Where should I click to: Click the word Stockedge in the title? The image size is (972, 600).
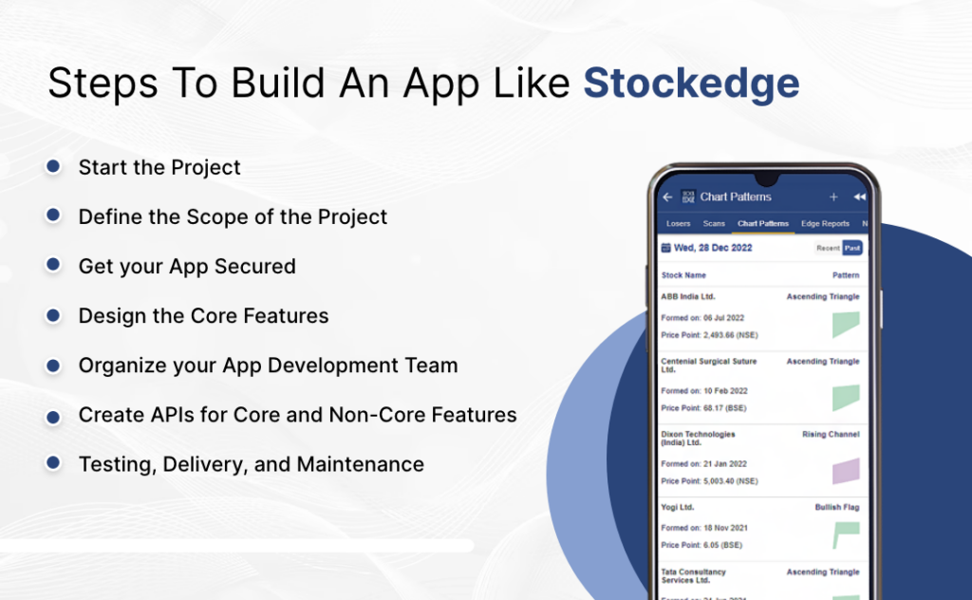(x=691, y=84)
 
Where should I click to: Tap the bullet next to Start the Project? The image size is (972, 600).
(x=54, y=167)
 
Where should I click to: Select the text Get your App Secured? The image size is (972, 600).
(x=187, y=267)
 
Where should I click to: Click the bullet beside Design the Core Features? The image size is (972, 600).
(x=54, y=315)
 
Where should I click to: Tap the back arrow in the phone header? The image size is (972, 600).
(x=667, y=197)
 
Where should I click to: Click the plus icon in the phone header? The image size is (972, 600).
(x=833, y=197)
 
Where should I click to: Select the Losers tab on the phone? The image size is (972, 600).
(x=678, y=224)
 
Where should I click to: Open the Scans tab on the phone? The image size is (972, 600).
(x=714, y=224)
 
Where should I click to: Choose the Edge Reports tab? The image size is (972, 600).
(x=825, y=224)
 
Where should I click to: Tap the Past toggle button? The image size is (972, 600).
(x=851, y=249)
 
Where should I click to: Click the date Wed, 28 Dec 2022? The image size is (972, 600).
(x=712, y=249)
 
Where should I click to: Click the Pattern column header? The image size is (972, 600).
(x=846, y=275)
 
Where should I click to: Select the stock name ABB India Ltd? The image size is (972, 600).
(x=688, y=297)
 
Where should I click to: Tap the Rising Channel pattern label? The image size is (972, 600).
(x=831, y=434)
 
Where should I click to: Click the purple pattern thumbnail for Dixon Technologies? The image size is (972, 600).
(x=846, y=471)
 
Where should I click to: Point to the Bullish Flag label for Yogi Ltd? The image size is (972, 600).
(x=836, y=507)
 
